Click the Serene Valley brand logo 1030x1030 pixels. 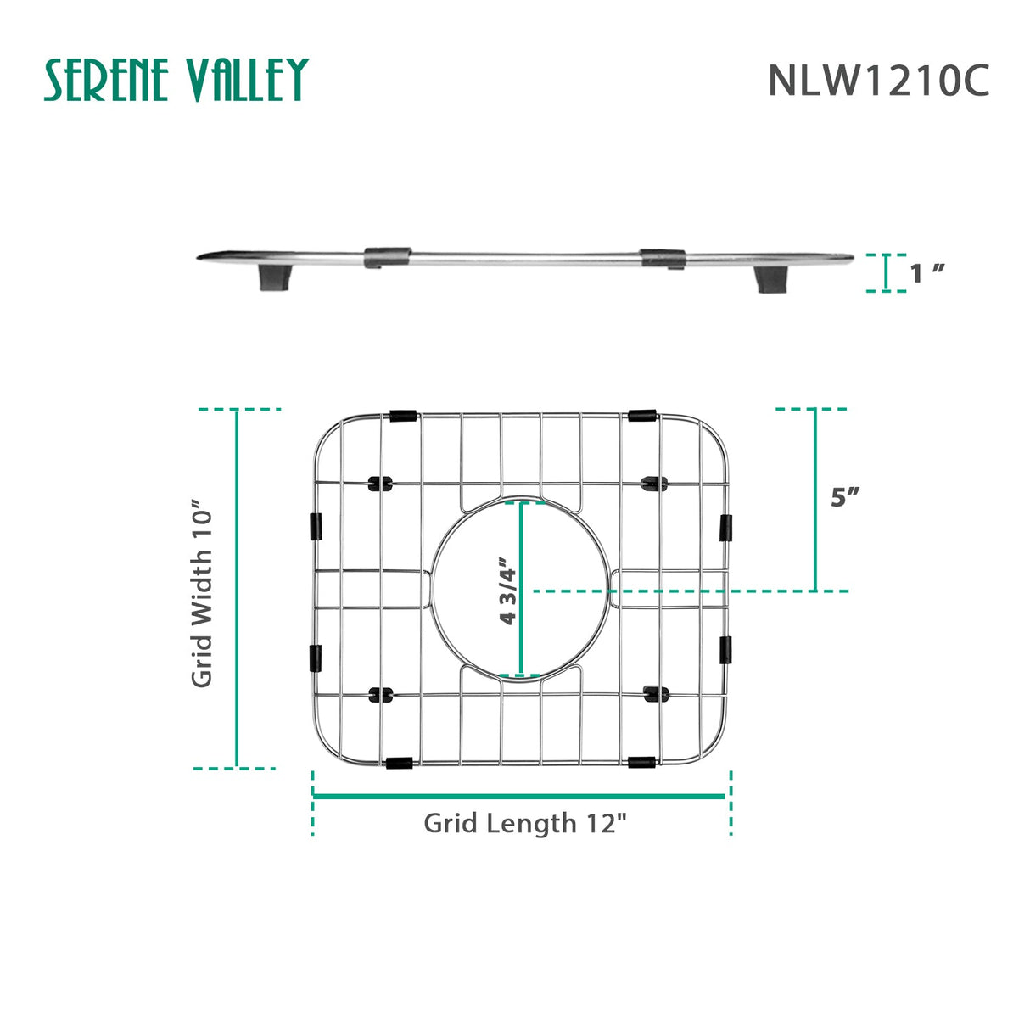click(x=176, y=81)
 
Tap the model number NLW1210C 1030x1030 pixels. click(x=878, y=81)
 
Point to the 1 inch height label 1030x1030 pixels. click(x=926, y=273)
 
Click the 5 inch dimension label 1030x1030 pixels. click(x=845, y=496)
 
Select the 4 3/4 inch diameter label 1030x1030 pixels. click(x=507, y=591)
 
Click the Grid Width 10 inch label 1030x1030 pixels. click(x=202, y=593)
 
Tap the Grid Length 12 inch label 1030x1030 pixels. click(x=525, y=823)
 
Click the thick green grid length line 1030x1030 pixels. click(x=518, y=796)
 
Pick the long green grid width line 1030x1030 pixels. click(x=237, y=589)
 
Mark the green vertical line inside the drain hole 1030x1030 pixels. click(x=521, y=591)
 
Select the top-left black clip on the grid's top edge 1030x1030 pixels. click(x=402, y=417)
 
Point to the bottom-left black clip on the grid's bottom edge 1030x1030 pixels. click(x=399, y=763)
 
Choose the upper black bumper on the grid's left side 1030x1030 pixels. click(x=316, y=526)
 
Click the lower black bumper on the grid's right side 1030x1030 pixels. click(x=725, y=650)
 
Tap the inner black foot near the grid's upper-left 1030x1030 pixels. click(x=378, y=484)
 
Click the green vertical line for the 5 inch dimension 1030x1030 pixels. click(x=815, y=500)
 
